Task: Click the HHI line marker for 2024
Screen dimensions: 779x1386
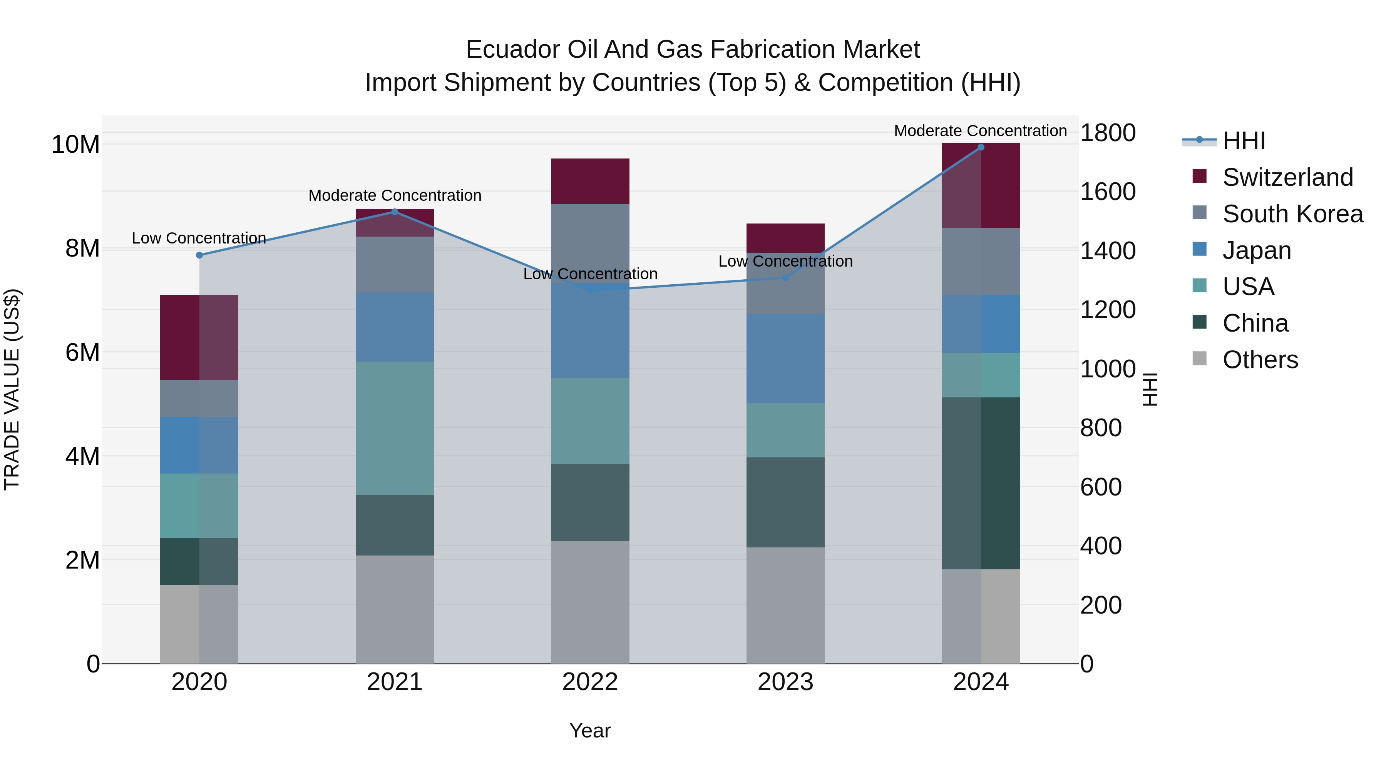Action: [980, 147]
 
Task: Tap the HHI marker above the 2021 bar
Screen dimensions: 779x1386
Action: [394, 212]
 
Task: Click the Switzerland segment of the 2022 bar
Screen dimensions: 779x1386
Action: [590, 181]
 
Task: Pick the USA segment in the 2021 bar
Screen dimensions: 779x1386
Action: [394, 428]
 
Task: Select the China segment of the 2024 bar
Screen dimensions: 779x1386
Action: [980, 483]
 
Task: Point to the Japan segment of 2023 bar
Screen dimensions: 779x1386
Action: [785, 359]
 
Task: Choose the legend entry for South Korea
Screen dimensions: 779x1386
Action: [1292, 214]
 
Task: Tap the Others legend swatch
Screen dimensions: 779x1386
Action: [1199, 359]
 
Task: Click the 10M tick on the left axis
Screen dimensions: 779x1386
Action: [75, 145]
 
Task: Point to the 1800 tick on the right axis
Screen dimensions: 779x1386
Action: [1107, 133]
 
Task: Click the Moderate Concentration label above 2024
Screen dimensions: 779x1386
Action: [980, 131]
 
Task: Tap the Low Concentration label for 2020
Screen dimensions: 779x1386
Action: [199, 238]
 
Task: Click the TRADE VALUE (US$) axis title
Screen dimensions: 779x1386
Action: [12, 389]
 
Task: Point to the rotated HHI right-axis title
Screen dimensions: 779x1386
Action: [1149, 389]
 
